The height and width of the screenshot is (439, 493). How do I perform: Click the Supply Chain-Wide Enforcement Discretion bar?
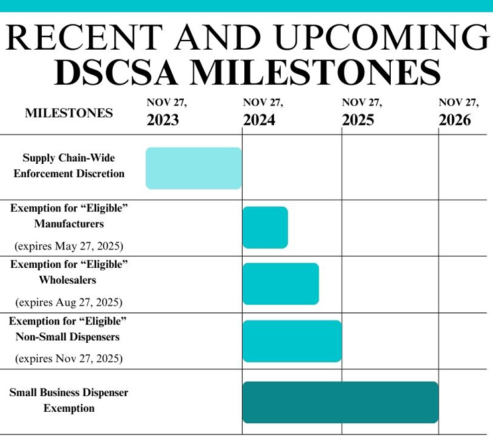[x=193, y=168]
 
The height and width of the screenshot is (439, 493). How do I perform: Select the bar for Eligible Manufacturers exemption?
[x=265, y=227]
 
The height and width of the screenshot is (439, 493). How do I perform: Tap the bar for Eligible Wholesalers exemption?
[x=280, y=284]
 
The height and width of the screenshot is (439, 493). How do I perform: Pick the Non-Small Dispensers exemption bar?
[x=291, y=341]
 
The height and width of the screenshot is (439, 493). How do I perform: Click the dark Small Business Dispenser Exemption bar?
[x=340, y=402]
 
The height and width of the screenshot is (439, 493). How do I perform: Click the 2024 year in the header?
[x=259, y=120]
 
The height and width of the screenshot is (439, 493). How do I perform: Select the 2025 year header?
[x=358, y=120]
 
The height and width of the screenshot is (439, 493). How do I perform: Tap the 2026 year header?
[x=455, y=120]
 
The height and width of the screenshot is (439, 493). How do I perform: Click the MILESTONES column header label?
[x=69, y=113]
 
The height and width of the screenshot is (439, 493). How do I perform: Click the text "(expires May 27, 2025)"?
[x=69, y=246]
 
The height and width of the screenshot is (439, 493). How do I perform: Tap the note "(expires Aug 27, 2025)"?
[x=68, y=302]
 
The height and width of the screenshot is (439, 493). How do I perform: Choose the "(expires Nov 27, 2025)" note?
[x=69, y=359]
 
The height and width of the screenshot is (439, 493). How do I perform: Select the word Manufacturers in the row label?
[x=69, y=223]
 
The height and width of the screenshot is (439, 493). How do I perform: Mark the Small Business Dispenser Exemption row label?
[x=69, y=400]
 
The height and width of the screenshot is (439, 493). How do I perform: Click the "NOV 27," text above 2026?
[x=458, y=103]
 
